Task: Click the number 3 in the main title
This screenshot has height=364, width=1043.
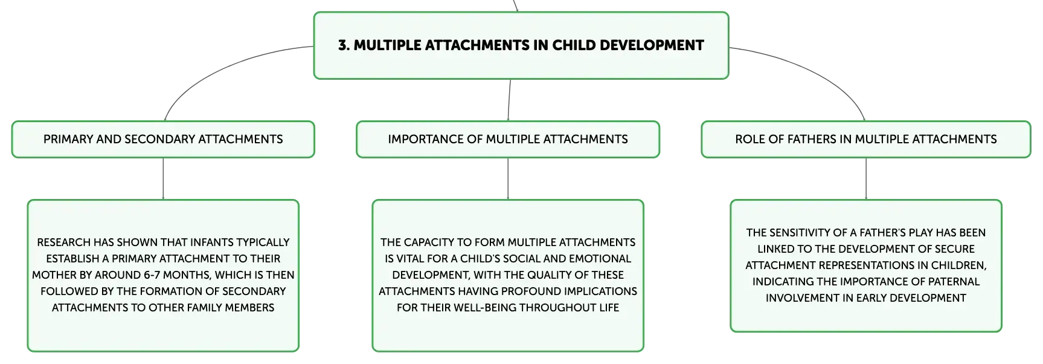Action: tap(342, 45)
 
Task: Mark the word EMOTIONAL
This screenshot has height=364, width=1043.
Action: tap(601, 259)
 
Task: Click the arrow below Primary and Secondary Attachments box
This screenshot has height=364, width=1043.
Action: tap(163, 179)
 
